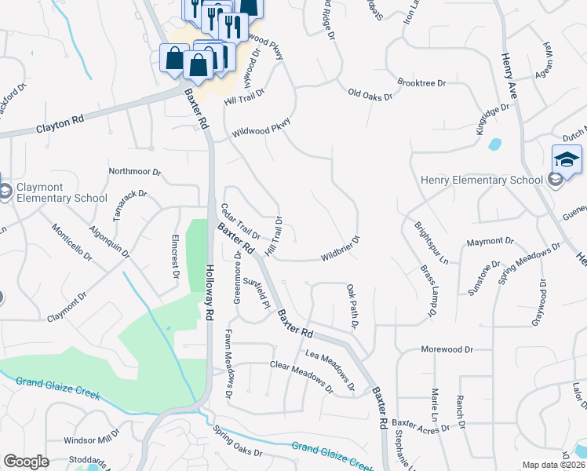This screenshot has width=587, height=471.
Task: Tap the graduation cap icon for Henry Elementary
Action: (x=566, y=160)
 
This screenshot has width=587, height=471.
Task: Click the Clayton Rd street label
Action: (x=60, y=126)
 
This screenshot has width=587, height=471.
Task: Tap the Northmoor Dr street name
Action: (x=134, y=171)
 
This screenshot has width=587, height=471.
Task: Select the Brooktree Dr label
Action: (x=421, y=82)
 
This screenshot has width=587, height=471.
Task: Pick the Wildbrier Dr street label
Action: (x=340, y=249)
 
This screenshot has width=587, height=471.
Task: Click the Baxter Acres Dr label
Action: (x=421, y=427)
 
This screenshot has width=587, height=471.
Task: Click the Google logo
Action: (x=26, y=462)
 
